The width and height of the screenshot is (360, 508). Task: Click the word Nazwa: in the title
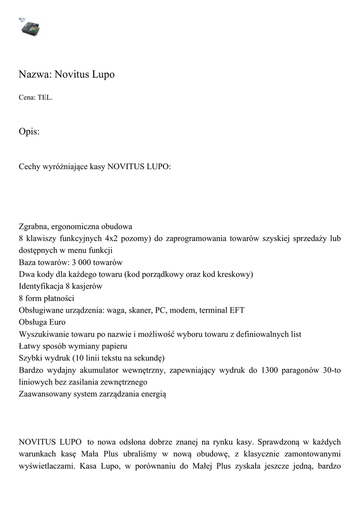click(35, 75)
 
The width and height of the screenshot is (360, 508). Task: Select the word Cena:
click(27, 98)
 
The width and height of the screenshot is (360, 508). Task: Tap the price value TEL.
click(45, 98)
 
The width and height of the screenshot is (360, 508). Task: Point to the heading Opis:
click(29, 132)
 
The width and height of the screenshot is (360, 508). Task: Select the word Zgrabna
click(33, 227)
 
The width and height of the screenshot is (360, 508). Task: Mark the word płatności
click(59, 298)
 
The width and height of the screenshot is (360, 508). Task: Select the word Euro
click(57, 322)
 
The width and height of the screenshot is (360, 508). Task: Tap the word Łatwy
click(29, 346)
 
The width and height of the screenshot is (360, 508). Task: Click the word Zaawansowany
click(45, 394)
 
